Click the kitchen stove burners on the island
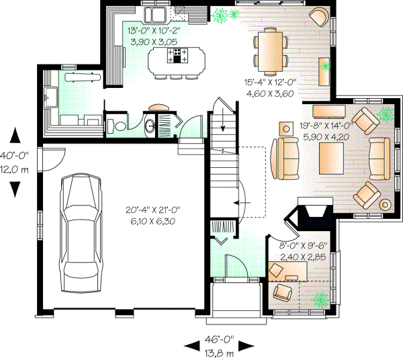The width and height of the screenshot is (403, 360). click(180, 56)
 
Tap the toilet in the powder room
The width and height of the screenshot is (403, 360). click(119, 125)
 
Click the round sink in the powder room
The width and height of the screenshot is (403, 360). click(150, 124)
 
